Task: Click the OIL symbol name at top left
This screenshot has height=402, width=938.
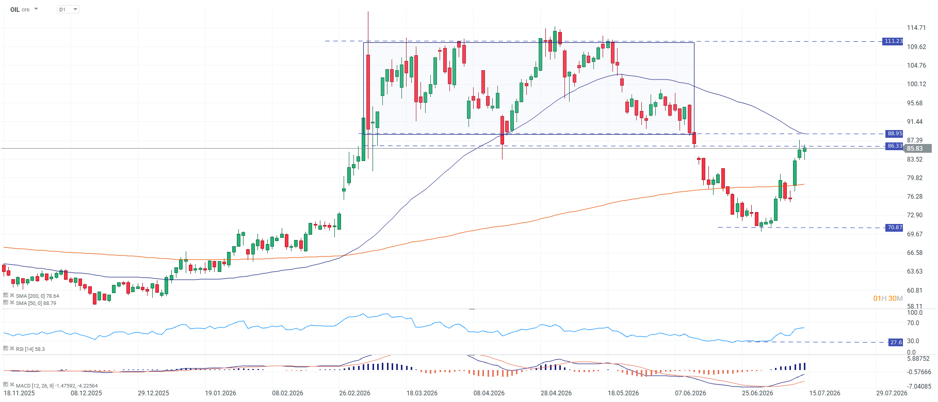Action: [15, 9]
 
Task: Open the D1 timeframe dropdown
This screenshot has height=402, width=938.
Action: [68, 9]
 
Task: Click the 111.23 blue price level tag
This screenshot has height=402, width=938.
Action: [893, 41]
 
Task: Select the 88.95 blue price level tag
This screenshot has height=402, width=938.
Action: [895, 134]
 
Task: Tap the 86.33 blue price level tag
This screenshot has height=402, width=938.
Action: [895, 146]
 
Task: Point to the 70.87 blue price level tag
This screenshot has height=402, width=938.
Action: [895, 228]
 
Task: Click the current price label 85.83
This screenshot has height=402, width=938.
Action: [915, 149]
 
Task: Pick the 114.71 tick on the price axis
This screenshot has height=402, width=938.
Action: [916, 28]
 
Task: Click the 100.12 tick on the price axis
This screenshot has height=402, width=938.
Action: [916, 84]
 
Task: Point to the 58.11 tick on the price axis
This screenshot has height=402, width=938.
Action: [915, 306]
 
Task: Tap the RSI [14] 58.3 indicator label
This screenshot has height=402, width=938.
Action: [30, 349]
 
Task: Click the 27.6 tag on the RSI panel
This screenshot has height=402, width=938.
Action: [896, 342]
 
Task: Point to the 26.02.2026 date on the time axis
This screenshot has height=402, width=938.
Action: [355, 393]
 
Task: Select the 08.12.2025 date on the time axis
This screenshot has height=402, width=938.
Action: [86, 393]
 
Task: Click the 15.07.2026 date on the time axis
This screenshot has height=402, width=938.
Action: [824, 393]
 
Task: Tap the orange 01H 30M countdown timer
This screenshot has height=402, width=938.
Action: [888, 298]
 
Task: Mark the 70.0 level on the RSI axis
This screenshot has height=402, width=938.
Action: [913, 323]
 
